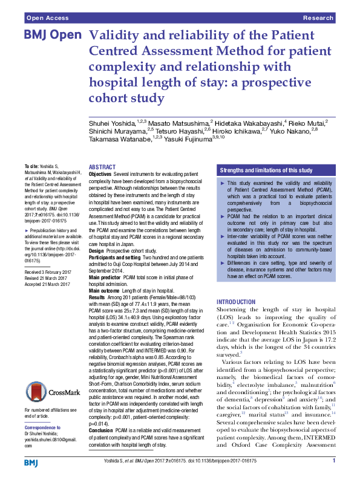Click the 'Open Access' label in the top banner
47,19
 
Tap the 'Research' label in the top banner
319,19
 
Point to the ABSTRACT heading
103,167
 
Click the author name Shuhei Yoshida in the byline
112,123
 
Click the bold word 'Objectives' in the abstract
100,174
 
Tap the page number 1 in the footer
333,461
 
